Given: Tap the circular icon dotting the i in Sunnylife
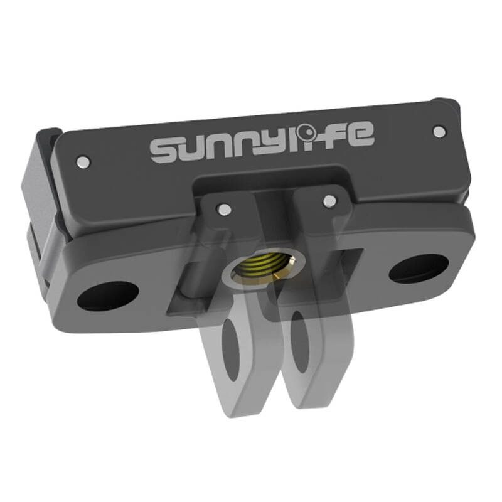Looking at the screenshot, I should coord(307,132).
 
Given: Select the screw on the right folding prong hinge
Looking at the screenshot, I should coord(328,201).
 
